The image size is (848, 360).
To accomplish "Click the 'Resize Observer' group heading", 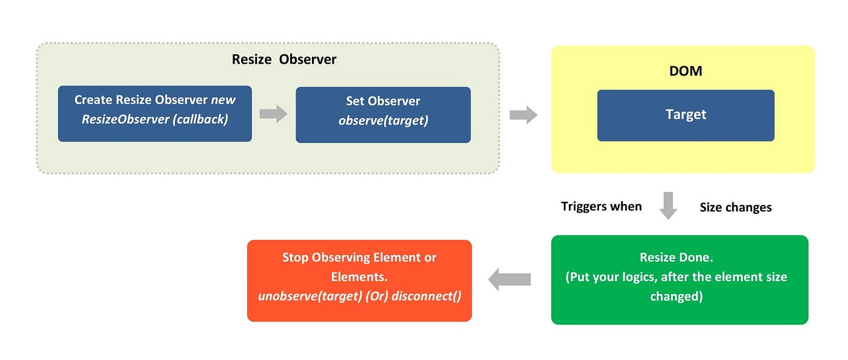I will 283,59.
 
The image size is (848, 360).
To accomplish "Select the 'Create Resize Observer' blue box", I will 154,114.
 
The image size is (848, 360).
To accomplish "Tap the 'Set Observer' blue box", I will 383,115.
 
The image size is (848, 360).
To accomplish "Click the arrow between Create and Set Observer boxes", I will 273,114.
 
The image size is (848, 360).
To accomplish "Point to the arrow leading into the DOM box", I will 523,115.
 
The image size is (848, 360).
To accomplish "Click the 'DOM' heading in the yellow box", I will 686,71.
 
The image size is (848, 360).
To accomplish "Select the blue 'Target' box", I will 686,115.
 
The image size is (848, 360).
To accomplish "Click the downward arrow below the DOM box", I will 668,205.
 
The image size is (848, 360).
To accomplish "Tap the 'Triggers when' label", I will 601,207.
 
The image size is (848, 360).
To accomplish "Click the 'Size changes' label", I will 735,207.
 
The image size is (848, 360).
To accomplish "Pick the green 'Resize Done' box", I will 679,279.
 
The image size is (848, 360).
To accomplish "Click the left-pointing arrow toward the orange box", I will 509,279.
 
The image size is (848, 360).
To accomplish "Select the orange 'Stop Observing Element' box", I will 359,281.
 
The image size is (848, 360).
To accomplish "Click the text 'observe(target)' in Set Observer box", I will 383,121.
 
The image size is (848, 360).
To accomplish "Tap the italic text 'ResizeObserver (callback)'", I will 154,119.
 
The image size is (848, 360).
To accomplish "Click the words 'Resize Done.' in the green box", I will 676,258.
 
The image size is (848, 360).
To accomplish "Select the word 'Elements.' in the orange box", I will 359,277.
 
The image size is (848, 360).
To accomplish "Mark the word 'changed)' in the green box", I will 676,296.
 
